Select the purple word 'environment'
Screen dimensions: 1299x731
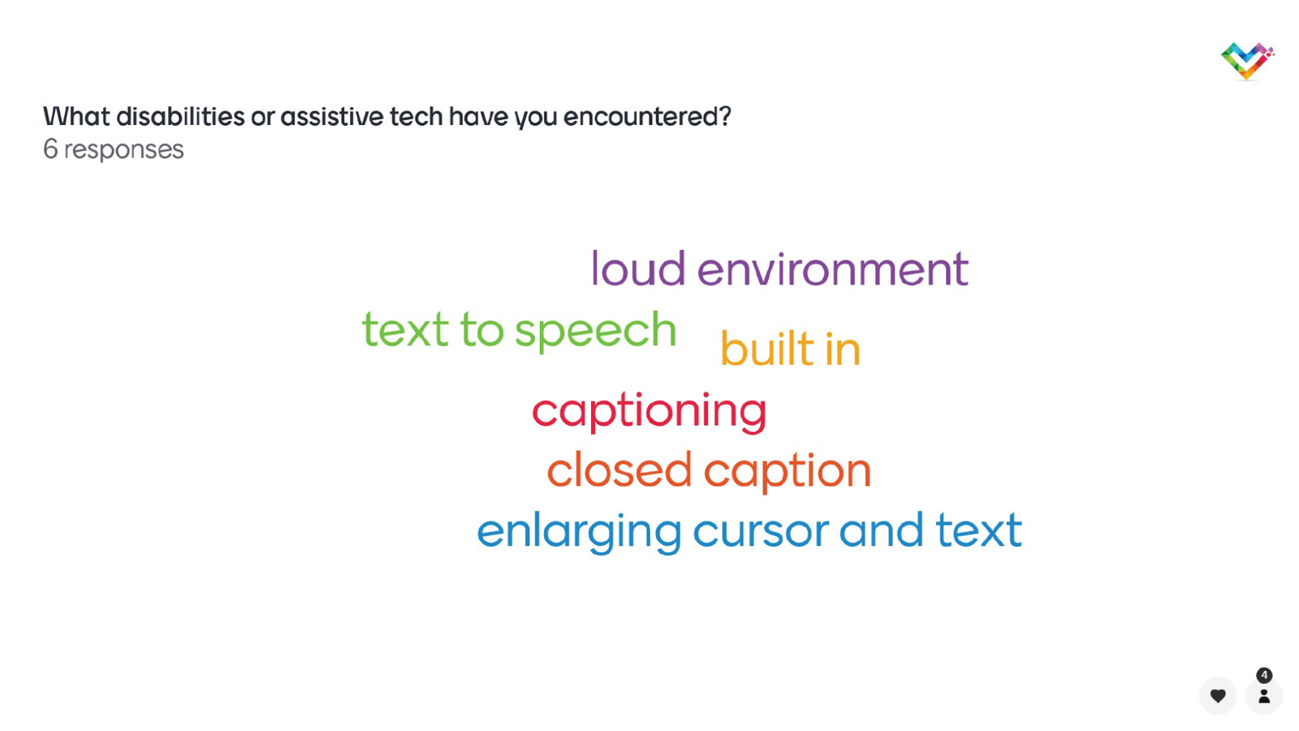tap(833, 269)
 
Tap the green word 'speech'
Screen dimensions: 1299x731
tap(596, 331)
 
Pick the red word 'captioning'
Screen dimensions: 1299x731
tap(649, 411)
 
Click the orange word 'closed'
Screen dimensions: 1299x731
tap(619, 469)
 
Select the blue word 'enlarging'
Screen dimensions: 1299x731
tap(579, 531)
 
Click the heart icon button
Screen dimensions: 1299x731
tap(1218, 695)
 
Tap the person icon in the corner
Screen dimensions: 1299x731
tap(1264, 695)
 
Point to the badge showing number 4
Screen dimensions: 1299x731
tap(1264, 675)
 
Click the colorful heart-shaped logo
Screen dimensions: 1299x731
tap(1247, 61)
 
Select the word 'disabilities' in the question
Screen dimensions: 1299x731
tap(180, 116)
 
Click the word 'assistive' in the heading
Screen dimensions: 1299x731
tap(332, 116)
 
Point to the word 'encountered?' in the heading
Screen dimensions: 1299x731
tap(647, 117)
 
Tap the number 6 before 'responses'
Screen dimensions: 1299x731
tap(50, 149)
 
